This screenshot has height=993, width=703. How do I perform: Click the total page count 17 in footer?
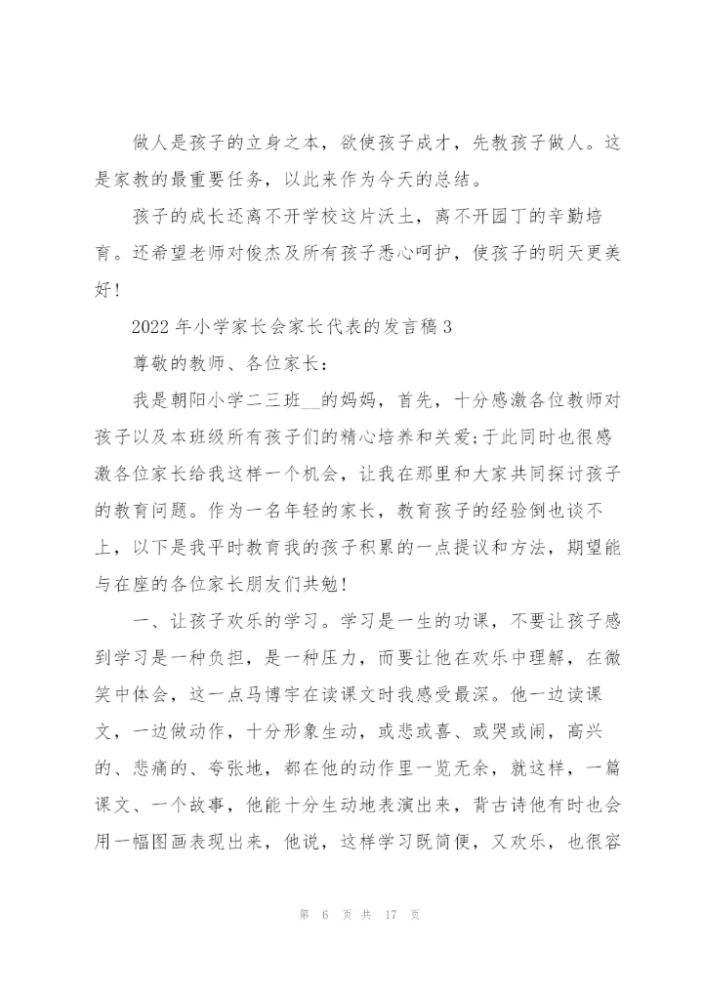389,916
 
